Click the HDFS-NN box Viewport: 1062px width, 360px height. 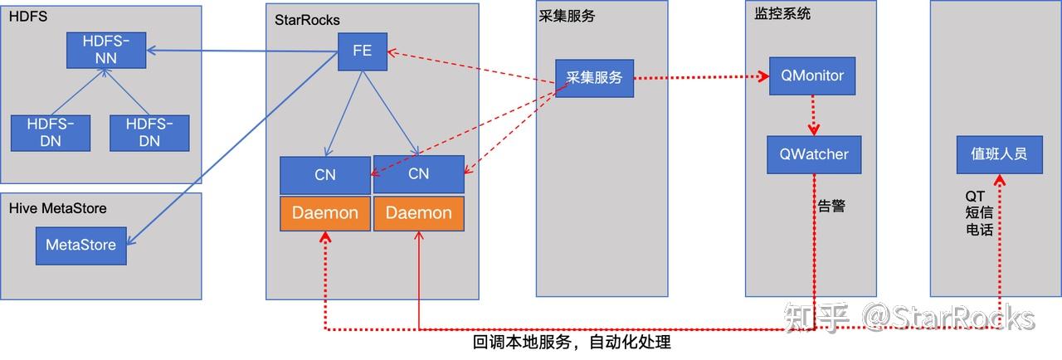coord(106,51)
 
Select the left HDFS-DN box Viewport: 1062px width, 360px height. coord(51,133)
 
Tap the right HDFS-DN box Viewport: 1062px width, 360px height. coord(149,133)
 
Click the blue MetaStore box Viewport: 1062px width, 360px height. coord(81,246)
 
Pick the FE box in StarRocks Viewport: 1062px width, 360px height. coord(363,51)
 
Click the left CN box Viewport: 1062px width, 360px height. coord(325,175)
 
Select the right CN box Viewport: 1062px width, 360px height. coord(419,174)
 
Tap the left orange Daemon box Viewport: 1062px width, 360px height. coord(325,214)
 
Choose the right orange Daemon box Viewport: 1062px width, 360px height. coord(419,214)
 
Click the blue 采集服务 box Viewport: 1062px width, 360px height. coord(595,78)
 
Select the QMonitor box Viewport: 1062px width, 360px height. coord(812,75)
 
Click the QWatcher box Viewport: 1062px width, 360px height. coord(814,155)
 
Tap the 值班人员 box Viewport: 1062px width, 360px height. coord(1000,155)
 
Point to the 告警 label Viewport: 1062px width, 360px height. coord(831,206)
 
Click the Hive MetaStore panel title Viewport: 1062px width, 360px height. coord(58,208)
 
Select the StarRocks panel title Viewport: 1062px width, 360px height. coord(307,20)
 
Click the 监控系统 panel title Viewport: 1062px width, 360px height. coord(782,13)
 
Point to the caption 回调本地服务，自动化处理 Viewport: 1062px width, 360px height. coord(572,342)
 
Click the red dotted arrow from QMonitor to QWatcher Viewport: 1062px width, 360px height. coord(814,115)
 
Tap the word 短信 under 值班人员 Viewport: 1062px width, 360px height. coord(980,212)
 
